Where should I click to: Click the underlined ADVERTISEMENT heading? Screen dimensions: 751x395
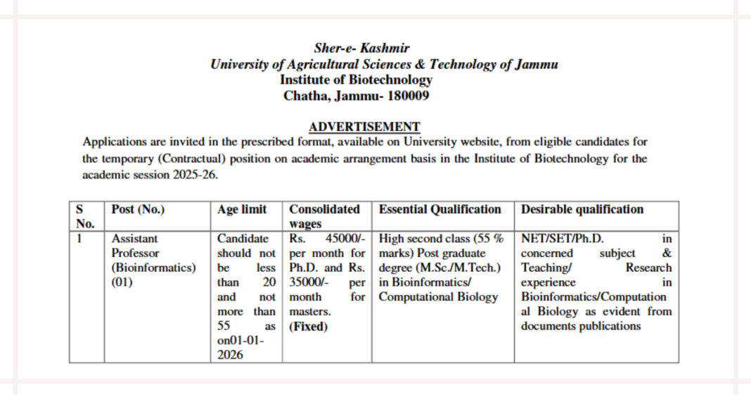(x=364, y=127)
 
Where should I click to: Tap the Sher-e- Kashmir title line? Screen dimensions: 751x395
(x=363, y=49)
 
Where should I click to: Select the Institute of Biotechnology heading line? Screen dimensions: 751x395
(x=356, y=80)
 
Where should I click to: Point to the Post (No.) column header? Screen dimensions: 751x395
(x=139, y=209)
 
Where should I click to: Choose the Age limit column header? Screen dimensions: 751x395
(x=242, y=209)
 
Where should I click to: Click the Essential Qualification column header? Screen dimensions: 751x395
(x=440, y=209)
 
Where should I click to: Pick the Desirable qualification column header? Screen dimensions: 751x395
(x=582, y=209)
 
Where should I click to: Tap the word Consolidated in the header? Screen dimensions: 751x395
(x=324, y=209)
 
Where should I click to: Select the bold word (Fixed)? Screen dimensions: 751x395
(x=308, y=327)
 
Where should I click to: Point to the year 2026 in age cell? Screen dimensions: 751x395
(x=231, y=355)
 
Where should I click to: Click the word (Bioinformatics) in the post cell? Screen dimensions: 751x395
(x=153, y=268)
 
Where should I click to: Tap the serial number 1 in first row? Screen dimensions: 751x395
(x=79, y=239)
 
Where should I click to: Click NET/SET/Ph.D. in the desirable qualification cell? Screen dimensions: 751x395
(x=562, y=239)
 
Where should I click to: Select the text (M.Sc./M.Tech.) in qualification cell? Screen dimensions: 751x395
(x=440, y=268)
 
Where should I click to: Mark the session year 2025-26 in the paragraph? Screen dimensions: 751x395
(x=194, y=175)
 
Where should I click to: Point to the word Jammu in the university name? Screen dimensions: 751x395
(x=537, y=64)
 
